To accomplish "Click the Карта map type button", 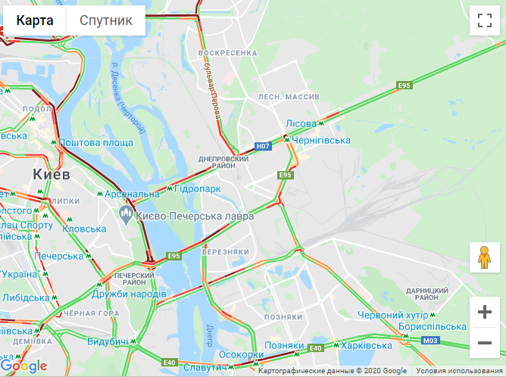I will (35, 20).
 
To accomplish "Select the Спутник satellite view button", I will (106, 20).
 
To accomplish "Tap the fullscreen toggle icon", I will (485, 20).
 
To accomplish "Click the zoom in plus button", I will (485, 312).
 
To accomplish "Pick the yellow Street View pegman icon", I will (485, 258).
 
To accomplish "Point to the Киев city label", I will (52, 174).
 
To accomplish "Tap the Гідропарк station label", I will (198, 188).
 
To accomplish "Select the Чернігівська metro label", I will (322, 141).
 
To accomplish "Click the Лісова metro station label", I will (300, 123).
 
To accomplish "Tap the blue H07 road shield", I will (263, 146).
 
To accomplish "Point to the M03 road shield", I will (430, 341).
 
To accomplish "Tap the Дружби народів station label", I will (129, 294).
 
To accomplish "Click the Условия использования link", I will (458, 371).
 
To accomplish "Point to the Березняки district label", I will (226, 251).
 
